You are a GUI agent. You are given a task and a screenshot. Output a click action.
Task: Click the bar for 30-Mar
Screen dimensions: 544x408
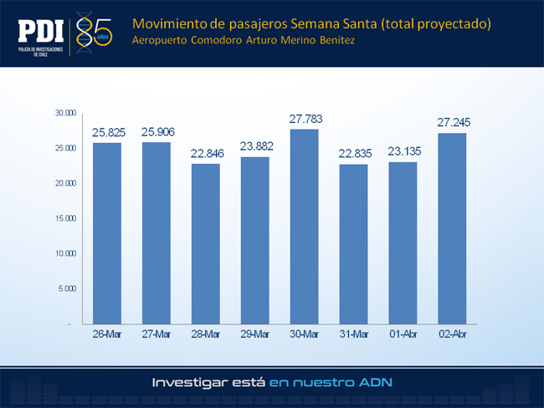pos(305,227)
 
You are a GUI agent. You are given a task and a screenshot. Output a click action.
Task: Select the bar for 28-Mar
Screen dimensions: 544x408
pos(206,244)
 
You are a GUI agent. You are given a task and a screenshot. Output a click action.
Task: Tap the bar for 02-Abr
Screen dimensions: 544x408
pos(452,229)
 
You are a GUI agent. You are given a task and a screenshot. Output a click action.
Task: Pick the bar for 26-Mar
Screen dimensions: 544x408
pos(107,233)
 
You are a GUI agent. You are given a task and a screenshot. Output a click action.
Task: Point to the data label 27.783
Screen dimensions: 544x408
pos(306,119)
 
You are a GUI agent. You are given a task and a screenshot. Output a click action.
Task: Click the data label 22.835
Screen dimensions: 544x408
pos(355,153)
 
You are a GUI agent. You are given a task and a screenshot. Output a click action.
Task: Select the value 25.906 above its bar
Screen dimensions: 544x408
pos(158,132)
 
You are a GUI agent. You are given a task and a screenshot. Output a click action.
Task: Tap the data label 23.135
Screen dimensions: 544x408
pos(404,151)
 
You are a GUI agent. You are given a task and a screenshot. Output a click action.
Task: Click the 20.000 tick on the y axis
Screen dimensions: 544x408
pos(65,183)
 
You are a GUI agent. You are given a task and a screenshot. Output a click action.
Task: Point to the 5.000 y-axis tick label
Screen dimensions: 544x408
pos(67,288)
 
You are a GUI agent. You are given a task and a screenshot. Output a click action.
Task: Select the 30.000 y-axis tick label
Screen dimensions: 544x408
pos(65,113)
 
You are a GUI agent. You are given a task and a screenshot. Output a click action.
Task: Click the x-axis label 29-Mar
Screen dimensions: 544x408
pos(255,334)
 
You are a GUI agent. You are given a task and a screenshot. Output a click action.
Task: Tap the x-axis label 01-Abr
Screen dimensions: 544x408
pos(403,334)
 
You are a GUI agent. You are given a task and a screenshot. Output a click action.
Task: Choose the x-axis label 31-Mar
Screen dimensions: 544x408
pos(354,334)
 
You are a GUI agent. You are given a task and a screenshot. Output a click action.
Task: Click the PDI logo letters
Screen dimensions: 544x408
pos(41,31)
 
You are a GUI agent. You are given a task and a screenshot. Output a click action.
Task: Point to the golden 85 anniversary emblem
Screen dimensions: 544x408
pos(94,33)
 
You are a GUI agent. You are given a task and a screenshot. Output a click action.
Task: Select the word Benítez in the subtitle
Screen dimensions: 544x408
pos(337,40)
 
